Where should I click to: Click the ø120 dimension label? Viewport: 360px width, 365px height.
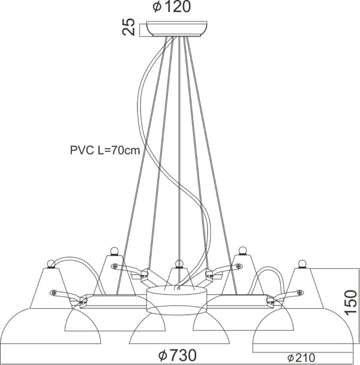(172, 7)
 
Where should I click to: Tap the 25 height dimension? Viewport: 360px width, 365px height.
(128, 27)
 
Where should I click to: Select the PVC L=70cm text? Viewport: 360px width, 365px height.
(105, 150)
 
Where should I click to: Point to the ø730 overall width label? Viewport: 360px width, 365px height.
(178, 355)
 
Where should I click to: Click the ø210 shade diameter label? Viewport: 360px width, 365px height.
(301, 358)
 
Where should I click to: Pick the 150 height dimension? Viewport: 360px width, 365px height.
(350, 303)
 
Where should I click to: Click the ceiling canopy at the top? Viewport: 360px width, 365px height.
(177, 29)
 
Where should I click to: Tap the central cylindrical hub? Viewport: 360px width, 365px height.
(177, 301)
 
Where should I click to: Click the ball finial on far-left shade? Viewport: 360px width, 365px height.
(51, 264)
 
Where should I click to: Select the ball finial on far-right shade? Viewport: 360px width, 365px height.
(302, 264)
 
